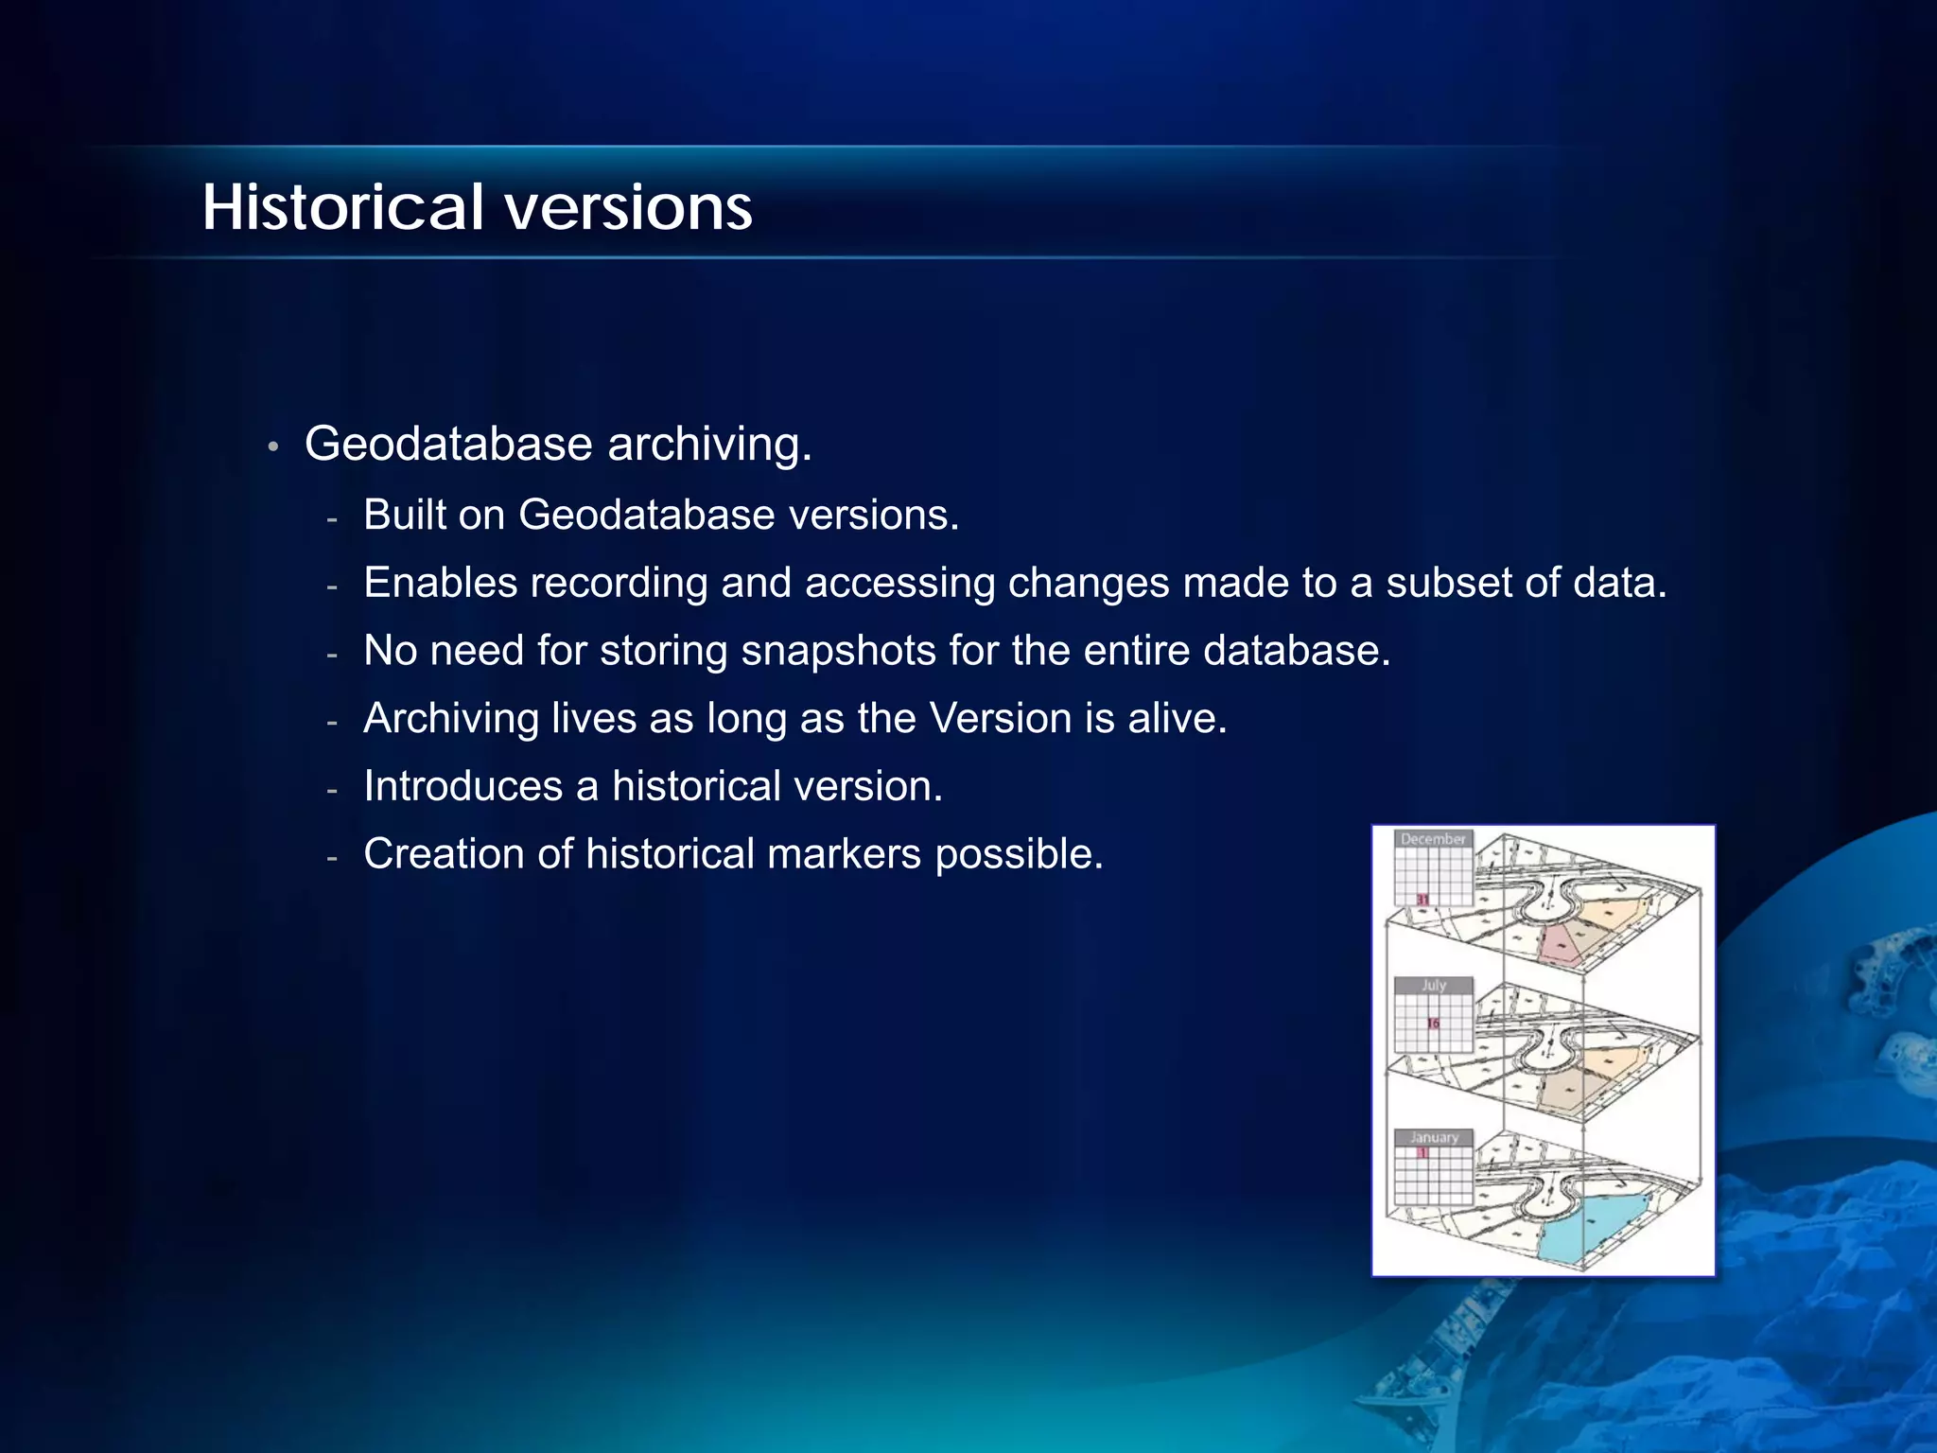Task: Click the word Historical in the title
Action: pos(342,208)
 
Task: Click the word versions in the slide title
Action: pos(628,208)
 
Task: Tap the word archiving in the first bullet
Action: pos(708,445)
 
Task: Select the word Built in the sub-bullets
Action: pos(404,516)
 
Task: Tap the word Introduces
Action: pos(462,787)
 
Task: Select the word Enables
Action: pos(441,583)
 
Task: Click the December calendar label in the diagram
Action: pos(1432,839)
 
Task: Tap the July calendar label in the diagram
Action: pos(1433,986)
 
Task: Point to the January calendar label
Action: pos(1433,1137)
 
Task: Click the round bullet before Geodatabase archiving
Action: pos(272,446)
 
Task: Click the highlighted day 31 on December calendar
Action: pos(1422,900)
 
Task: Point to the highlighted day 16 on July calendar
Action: pos(1433,1024)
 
